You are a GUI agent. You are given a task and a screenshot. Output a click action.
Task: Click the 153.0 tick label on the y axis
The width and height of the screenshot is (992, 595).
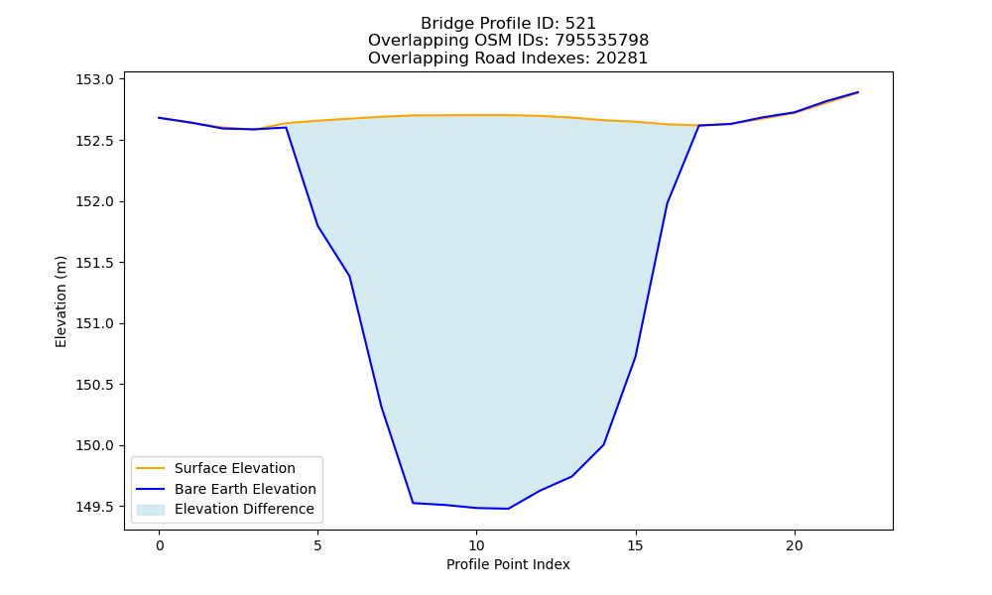95,79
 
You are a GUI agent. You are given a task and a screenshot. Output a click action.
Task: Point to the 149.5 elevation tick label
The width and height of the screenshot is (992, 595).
95,507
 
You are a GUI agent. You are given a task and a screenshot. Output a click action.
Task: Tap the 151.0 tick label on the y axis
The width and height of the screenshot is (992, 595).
95,323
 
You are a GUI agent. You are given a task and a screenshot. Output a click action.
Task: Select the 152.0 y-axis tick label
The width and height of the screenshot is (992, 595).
95,201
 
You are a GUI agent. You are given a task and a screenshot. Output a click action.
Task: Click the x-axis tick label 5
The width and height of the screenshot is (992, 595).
317,545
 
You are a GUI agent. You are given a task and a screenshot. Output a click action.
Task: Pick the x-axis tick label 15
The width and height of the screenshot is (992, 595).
635,545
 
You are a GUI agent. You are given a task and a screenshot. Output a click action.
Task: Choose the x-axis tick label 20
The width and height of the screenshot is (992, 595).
794,545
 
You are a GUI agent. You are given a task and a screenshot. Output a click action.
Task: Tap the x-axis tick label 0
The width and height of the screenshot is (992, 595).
160,545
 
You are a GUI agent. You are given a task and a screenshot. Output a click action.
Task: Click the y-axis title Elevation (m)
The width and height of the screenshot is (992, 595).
61,301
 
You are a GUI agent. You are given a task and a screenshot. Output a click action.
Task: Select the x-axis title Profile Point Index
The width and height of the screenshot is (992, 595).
508,564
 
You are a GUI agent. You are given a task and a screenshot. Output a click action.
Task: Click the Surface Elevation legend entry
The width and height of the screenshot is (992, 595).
235,468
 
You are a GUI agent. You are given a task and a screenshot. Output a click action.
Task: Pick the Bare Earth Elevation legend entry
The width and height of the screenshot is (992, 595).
245,489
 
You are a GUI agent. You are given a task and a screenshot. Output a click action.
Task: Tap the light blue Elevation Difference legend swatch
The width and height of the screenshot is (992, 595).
151,510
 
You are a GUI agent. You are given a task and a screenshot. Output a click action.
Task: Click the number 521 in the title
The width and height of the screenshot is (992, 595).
580,24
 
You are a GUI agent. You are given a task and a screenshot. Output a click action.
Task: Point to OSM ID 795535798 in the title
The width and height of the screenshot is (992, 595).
602,41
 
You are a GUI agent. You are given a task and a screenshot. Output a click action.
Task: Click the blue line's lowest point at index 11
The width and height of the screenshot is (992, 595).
508,509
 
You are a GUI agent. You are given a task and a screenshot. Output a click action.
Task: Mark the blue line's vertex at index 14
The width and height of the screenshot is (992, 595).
603,444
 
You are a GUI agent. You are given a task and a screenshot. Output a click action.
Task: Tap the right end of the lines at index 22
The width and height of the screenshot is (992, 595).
858,92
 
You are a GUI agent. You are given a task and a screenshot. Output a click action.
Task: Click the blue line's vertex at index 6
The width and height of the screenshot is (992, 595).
349,277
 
